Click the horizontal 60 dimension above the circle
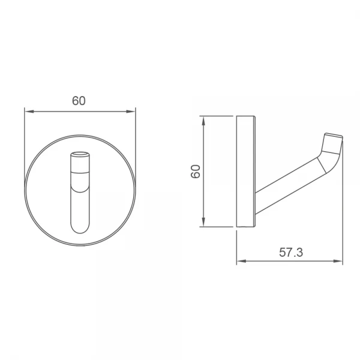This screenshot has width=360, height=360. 79,101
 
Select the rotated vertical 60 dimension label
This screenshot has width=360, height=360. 196,172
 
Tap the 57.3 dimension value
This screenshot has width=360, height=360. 291,253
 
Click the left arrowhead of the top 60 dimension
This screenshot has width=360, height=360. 29,112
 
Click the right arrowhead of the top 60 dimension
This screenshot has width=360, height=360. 131,112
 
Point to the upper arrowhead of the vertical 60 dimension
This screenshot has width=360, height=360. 203,121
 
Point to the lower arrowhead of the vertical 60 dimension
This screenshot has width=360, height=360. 203,222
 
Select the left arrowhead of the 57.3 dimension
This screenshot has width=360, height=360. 241,261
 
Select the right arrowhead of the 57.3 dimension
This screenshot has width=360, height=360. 338,261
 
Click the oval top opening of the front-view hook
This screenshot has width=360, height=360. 80,154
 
